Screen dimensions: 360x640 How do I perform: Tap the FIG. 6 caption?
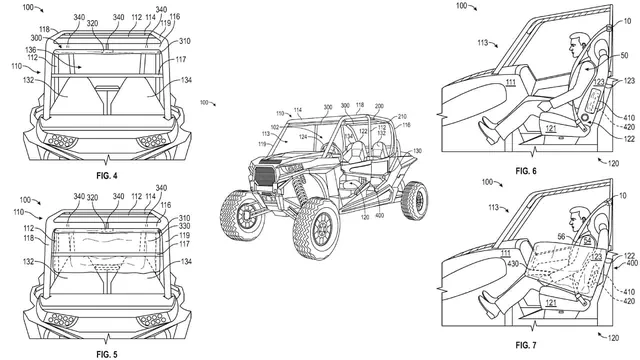pyautogui.click(x=526, y=172)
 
